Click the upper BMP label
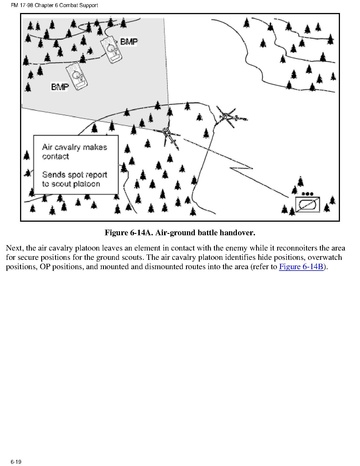(x=129, y=42)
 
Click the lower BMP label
(x=60, y=87)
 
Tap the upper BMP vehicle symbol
(x=111, y=50)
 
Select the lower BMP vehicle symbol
(x=77, y=76)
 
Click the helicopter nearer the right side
(x=229, y=117)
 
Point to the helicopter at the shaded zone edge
(x=170, y=134)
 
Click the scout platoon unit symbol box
(x=307, y=205)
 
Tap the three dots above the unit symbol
(x=307, y=193)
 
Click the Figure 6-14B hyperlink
(x=301, y=267)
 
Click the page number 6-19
(x=16, y=462)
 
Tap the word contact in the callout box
(x=55, y=157)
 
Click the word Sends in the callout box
(x=53, y=175)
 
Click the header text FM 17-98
(x=20, y=5)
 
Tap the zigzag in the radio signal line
(x=241, y=167)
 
